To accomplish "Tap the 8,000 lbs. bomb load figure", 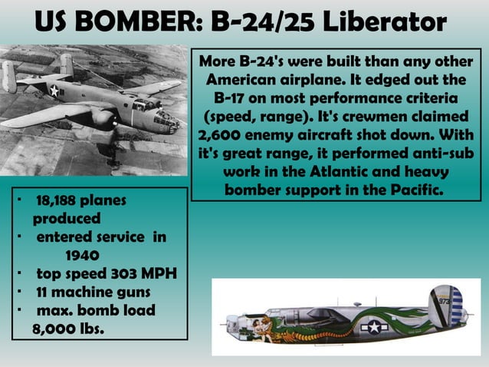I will (68, 328).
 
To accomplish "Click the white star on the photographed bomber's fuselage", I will (54, 91).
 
